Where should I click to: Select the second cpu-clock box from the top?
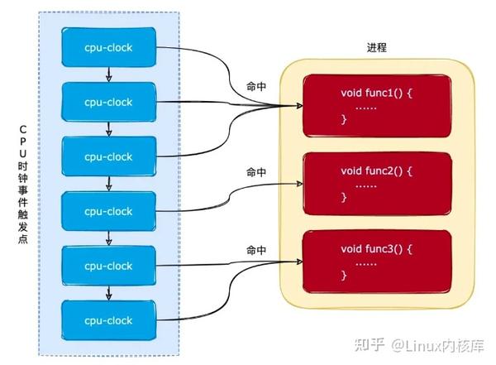[x=108, y=101]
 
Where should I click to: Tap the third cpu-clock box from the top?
[x=108, y=156]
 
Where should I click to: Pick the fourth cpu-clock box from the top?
[x=108, y=211]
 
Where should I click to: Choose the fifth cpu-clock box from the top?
[x=108, y=266]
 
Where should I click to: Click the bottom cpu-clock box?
[x=108, y=319]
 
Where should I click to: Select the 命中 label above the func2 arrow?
[x=257, y=172]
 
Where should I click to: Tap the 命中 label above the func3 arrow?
[x=257, y=249]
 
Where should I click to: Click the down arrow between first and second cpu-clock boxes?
[x=108, y=74]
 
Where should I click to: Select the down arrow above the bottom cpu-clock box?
[x=108, y=293]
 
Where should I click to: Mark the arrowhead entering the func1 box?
[x=297, y=106]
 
